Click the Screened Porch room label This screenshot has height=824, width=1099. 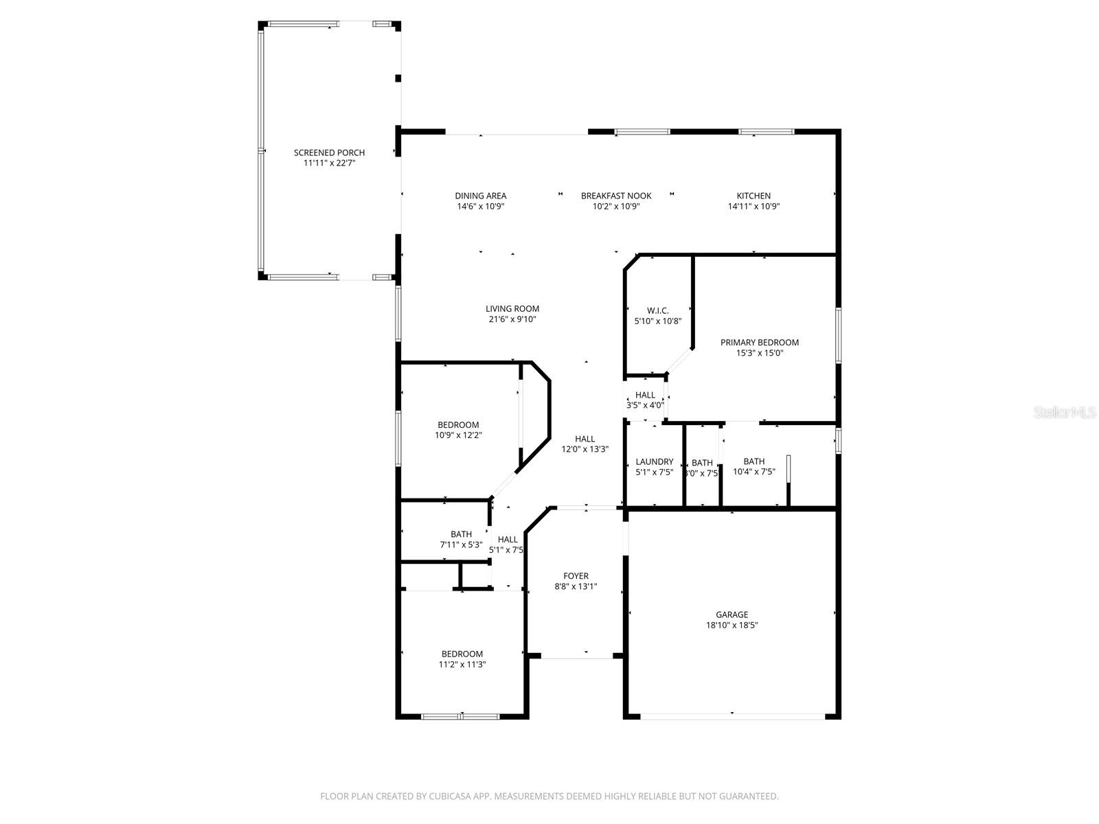pos(329,153)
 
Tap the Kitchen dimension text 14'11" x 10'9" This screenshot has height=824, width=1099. pos(754,206)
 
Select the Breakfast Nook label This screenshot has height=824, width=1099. pos(616,196)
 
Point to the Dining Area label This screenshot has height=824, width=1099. pos(480,196)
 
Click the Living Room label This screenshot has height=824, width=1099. pos(512,309)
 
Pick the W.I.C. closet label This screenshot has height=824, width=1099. pos(657,310)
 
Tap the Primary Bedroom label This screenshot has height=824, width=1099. pos(759,343)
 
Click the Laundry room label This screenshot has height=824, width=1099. pos(654,461)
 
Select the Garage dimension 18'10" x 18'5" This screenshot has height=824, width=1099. pos(732,626)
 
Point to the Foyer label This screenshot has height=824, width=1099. pos(576,576)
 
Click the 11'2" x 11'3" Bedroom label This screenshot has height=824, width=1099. pos(462,654)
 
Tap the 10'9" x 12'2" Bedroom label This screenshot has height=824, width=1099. pos(458,425)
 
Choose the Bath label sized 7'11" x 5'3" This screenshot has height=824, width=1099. pos(461,534)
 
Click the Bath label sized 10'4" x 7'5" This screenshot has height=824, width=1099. pos(754,461)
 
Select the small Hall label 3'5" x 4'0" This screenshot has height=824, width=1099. pos(645,395)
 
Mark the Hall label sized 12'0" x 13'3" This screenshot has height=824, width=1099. pos(585,439)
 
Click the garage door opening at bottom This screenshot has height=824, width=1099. pos(732,716)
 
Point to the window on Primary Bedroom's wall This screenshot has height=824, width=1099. pos(838,335)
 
